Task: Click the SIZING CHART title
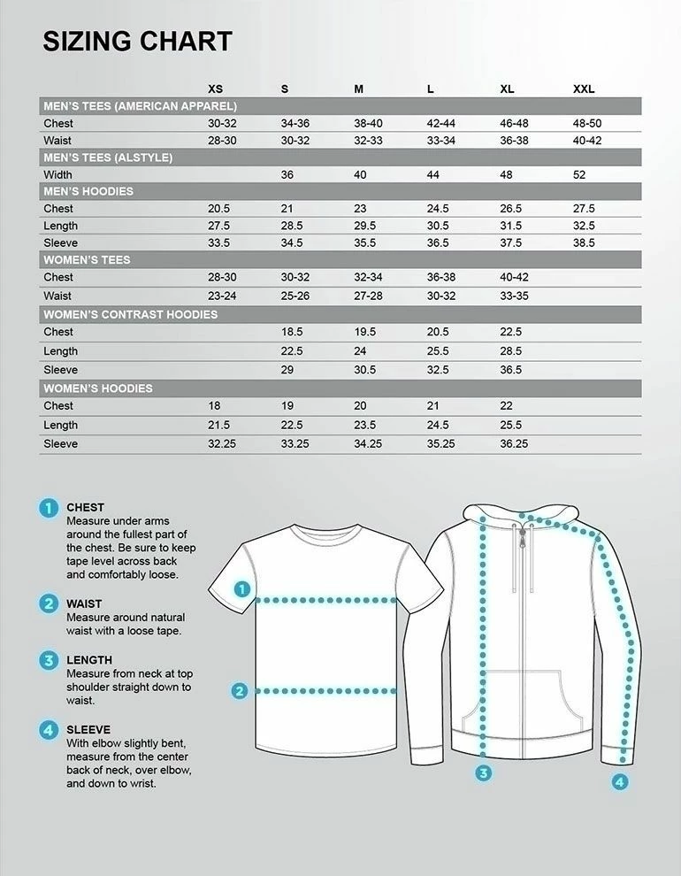point(137,42)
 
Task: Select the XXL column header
point(584,89)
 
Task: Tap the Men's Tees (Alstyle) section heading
point(108,158)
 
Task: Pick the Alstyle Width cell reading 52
point(579,175)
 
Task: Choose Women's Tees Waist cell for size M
point(368,296)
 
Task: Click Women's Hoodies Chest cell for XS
point(214,405)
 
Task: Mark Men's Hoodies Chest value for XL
point(511,209)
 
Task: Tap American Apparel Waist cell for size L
point(441,141)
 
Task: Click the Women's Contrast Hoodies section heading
point(130,314)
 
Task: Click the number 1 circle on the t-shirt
point(242,589)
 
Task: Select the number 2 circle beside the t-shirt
point(239,691)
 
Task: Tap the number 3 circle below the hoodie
point(483,772)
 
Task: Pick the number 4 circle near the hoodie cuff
point(620,781)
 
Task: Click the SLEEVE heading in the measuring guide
point(88,730)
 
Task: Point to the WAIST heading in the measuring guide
point(84,603)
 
